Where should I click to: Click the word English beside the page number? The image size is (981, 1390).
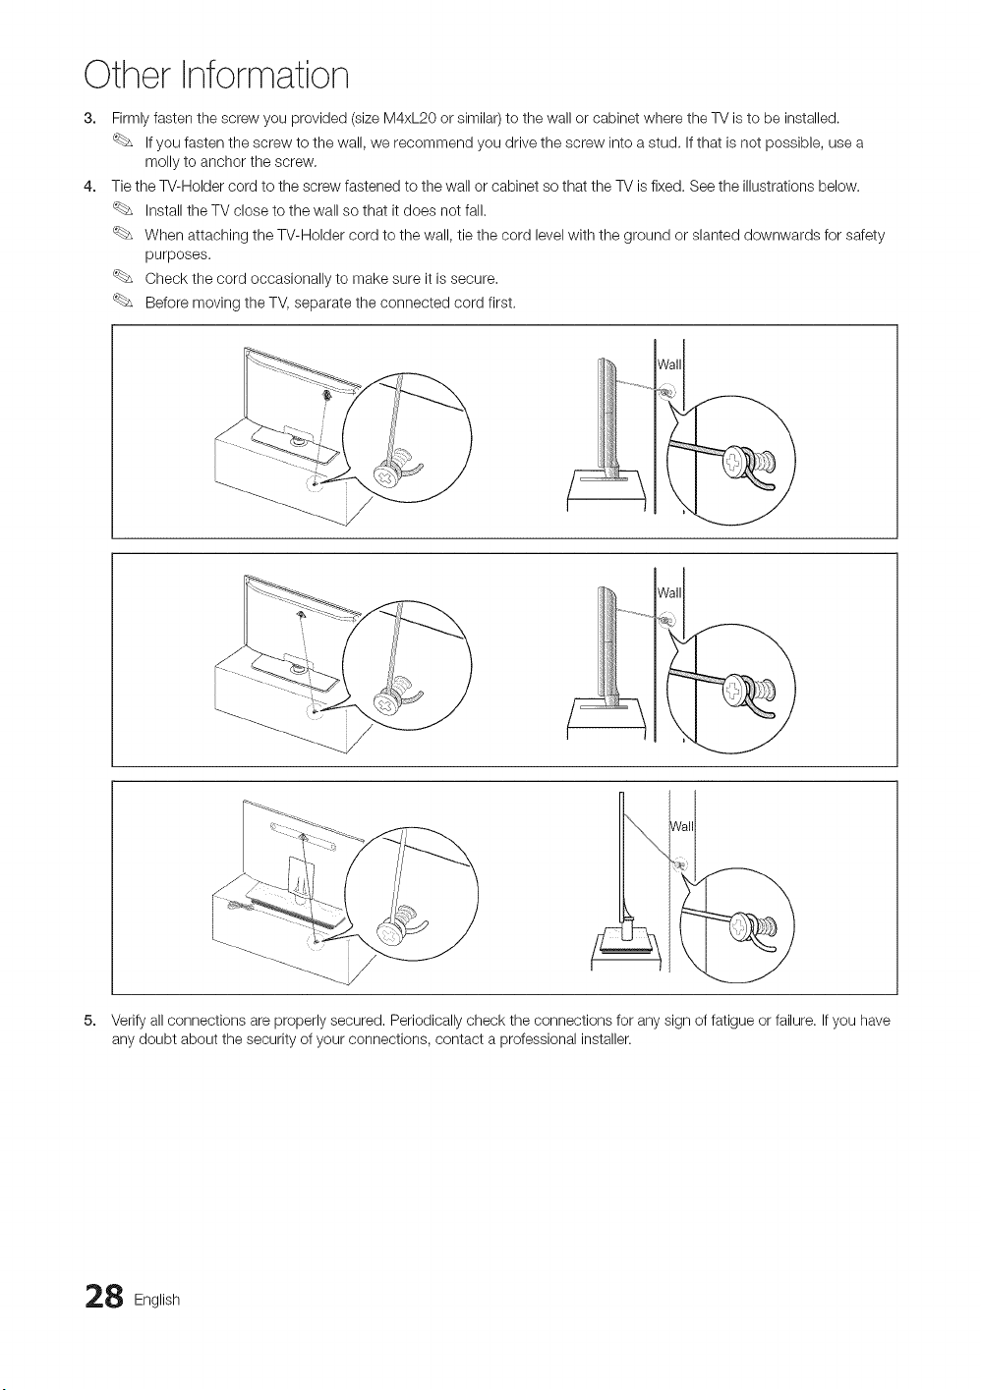[x=156, y=1300]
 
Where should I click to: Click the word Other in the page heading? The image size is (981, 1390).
[x=129, y=76]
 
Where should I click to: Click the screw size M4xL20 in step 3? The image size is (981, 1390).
[x=411, y=118]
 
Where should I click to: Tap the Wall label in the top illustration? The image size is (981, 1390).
[x=668, y=364]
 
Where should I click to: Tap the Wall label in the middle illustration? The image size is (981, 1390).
[x=668, y=592]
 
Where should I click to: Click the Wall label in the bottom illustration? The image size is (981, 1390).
[x=681, y=826]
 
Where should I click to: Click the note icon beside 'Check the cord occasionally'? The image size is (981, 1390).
[x=123, y=277]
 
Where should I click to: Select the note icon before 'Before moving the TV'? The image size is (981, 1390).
[x=123, y=301]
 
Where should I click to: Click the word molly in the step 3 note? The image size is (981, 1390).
[x=160, y=163]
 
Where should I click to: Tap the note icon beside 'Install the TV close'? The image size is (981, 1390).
[x=123, y=209]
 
